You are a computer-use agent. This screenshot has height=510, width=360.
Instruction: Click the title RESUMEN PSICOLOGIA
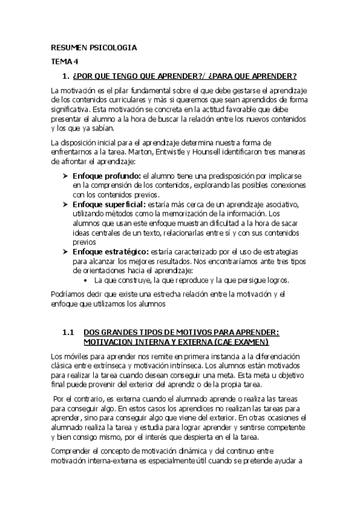point(93,47)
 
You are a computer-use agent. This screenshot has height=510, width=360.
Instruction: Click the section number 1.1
point(68,332)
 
